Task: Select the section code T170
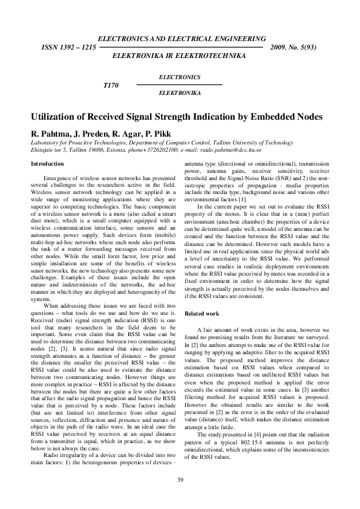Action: point(111,85)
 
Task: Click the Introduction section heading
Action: point(47,164)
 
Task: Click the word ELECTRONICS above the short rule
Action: point(179,77)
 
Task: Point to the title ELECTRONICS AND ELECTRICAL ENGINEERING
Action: point(179,37)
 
